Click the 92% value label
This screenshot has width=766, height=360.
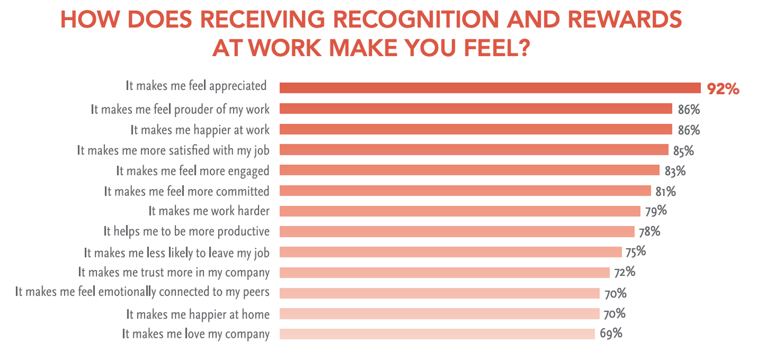723,89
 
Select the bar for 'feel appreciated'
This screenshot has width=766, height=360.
490,88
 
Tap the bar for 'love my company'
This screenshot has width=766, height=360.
437,334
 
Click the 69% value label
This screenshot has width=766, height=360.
611,334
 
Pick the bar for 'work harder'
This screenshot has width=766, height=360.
460,211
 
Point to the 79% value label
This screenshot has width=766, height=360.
655,211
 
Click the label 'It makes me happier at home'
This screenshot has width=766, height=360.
198,315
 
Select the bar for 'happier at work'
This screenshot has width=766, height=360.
475,129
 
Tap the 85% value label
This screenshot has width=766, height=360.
683,151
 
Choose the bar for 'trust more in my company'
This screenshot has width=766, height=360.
444,273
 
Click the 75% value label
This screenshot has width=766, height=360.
635,252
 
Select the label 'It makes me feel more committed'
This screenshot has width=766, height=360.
187,191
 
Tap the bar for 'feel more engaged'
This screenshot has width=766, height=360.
469,170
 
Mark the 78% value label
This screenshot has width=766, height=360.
649,232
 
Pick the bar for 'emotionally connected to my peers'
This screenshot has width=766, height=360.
439,293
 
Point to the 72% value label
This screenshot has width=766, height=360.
624,272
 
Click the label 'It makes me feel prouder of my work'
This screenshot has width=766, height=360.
180,110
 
